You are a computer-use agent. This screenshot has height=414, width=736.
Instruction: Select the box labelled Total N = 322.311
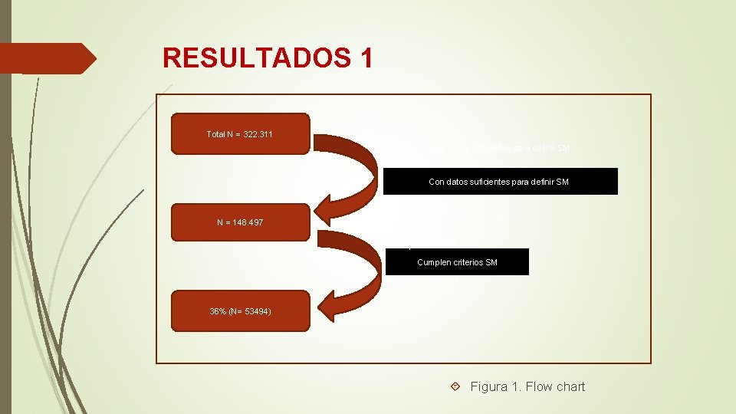[x=241, y=134]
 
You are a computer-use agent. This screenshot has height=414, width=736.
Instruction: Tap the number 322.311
[x=258, y=134]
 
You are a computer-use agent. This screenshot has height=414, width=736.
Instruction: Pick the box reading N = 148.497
[x=241, y=222]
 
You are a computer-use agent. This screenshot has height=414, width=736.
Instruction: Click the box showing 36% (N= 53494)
[x=241, y=310]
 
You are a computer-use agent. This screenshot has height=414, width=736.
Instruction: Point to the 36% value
[x=219, y=310]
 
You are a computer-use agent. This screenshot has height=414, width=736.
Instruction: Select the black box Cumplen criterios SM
[x=457, y=262]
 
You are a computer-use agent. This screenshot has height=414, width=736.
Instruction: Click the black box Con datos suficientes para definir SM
[x=500, y=182]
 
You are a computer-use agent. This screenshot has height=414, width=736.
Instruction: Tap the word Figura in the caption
[x=489, y=386]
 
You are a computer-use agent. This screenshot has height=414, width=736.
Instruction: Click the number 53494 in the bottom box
[x=255, y=310]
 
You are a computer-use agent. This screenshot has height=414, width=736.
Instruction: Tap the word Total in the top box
[x=215, y=134]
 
